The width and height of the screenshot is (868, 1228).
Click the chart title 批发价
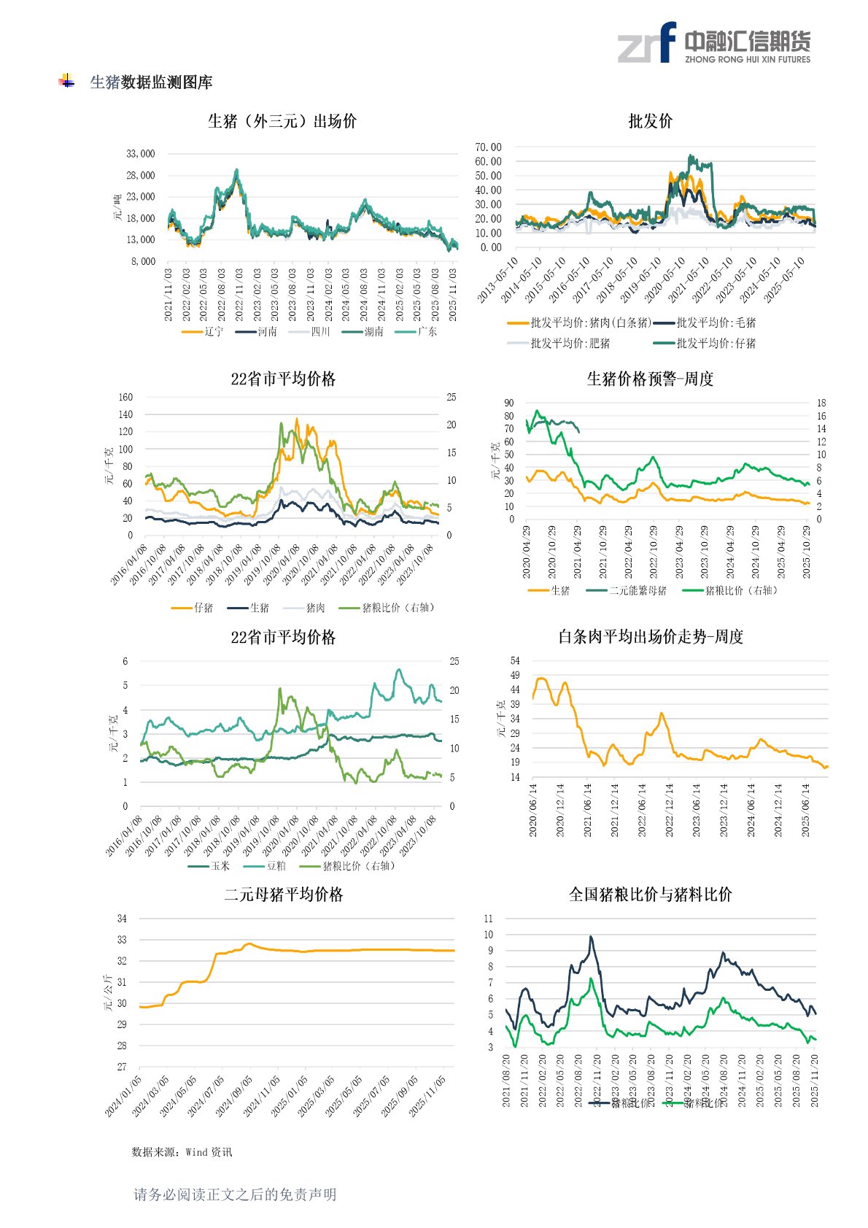[x=650, y=121]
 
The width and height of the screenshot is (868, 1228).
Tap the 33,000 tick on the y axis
[x=141, y=154]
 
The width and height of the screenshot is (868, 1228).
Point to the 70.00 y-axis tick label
[x=488, y=147]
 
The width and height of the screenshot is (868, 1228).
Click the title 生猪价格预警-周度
[x=650, y=379]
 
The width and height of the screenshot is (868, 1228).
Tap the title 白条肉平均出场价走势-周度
[x=650, y=636]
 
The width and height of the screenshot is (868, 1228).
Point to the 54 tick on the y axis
[x=515, y=661]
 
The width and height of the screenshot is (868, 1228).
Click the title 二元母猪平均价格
[x=283, y=895]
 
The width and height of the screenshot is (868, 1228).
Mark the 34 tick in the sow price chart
[x=122, y=919]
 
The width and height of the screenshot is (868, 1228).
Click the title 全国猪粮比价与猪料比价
[x=650, y=895]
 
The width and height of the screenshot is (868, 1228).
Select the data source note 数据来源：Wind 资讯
[x=182, y=1151]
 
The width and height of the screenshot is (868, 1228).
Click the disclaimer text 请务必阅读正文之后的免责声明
[x=235, y=1194]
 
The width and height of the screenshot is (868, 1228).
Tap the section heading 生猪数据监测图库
[x=151, y=82]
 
